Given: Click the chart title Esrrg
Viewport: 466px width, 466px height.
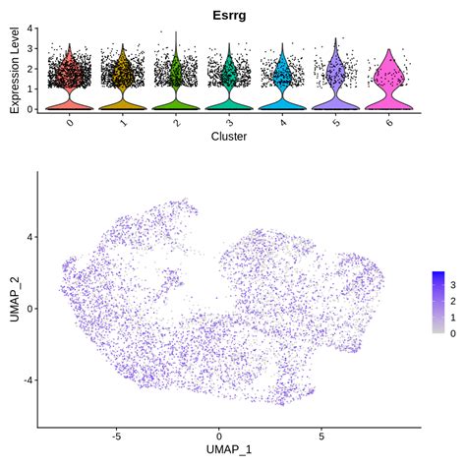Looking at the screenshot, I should tap(233, 15).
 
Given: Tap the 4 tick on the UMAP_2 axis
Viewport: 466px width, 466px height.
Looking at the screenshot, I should tap(30, 237).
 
